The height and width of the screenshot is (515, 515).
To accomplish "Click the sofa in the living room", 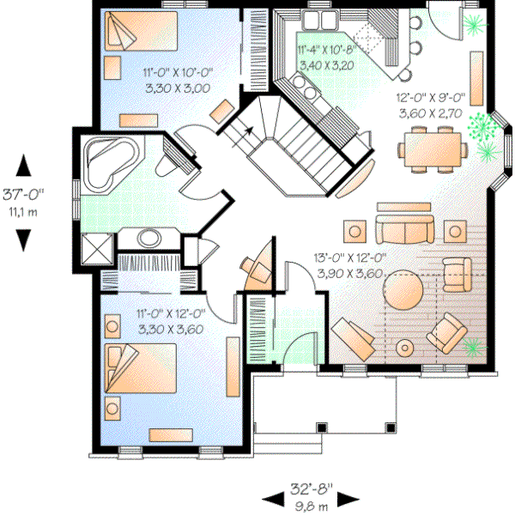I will (403, 229).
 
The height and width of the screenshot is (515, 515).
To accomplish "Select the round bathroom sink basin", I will (148, 239).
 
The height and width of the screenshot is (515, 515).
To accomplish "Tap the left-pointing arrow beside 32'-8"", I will (272, 498).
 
